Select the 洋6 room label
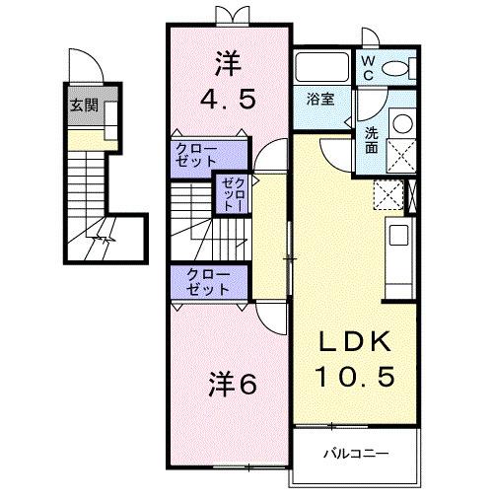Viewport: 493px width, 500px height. [233, 385]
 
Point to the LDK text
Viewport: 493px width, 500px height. [354, 342]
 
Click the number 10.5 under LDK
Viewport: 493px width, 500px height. [354, 377]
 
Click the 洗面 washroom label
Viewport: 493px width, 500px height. [371, 139]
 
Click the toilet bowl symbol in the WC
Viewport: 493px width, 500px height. [397, 68]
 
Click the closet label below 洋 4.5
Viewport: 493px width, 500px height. [196, 156]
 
